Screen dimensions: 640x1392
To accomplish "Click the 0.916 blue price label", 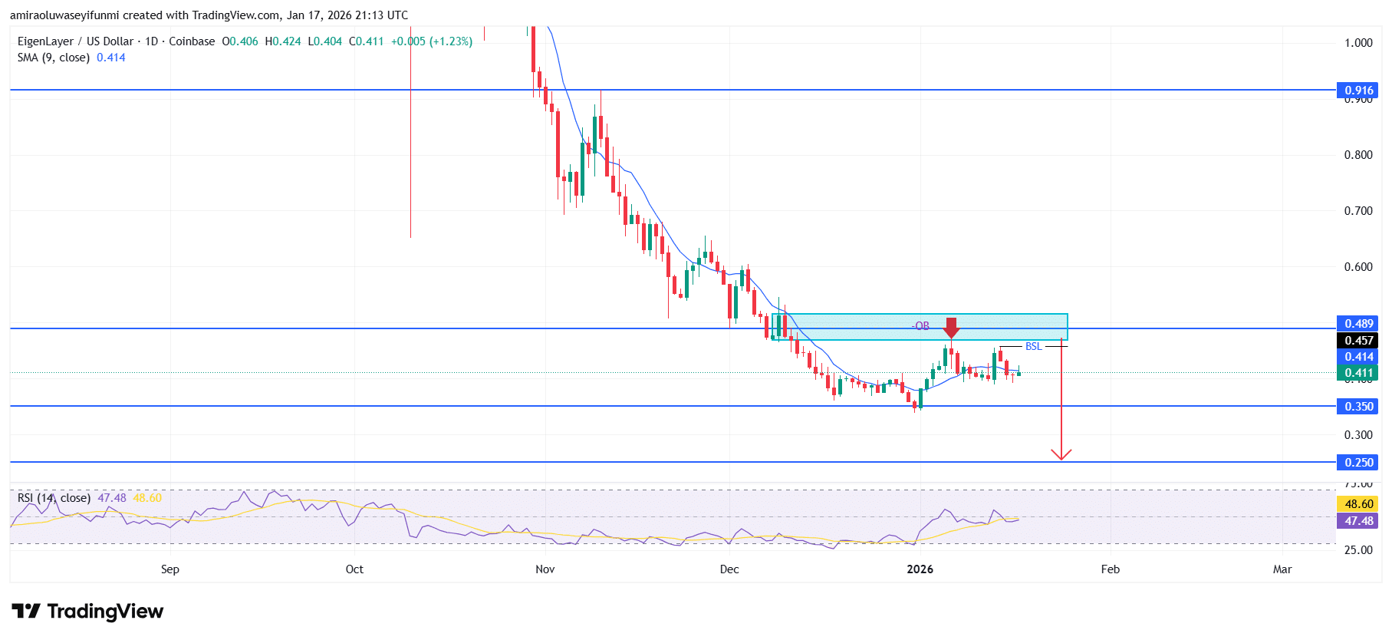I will (x=1358, y=90).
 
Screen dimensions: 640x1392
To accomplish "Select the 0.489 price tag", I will (x=1358, y=323).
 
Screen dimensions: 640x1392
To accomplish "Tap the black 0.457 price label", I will (x=1358, y=340).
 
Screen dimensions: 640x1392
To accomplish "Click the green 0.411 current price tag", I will (x=1358, y=373).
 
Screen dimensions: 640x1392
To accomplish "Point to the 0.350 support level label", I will (x=1358, y=406).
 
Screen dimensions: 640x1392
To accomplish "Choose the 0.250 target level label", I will (x=1358, y=462).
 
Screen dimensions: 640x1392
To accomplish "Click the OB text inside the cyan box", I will (x=921, y=326).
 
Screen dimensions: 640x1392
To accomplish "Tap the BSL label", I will (x=1033, y=346).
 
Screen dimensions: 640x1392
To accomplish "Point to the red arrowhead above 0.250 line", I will (x=1061, y=454).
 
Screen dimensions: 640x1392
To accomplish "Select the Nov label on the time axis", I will (x=545, y=569).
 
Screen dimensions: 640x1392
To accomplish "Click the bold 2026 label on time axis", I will (x=920, y=569).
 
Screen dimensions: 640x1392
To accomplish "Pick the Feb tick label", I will (x=1110, y=569).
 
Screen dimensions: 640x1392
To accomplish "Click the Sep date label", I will (x=169, y=569).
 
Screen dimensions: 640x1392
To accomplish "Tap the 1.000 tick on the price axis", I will (x=1358, y=42).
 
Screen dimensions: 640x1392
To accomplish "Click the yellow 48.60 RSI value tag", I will (x=1358, y=503).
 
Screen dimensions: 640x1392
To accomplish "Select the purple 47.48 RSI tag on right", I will (x=1358, y=520).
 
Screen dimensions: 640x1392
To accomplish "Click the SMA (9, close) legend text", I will (x=54, y=58).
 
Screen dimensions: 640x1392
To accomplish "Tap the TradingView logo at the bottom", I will (x=87, y=611).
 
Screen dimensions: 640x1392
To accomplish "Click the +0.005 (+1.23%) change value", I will (x=431, y=41).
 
